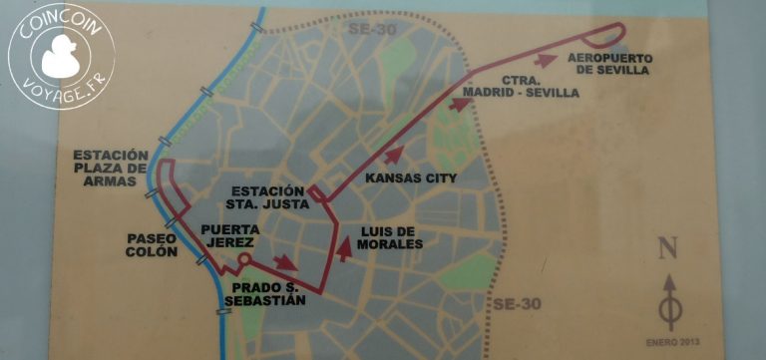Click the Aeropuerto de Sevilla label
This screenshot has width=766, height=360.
point(607,64)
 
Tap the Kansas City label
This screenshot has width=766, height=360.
point(412,180)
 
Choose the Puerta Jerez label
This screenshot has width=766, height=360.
point(230,235)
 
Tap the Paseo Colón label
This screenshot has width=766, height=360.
point(152,245)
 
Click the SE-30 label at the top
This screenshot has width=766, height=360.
point(371,29)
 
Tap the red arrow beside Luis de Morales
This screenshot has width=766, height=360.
point(345,245)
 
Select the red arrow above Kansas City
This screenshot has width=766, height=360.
point(395,155)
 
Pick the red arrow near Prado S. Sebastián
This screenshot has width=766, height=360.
point(285,262)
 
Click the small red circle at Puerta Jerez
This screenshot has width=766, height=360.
point(241,259)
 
